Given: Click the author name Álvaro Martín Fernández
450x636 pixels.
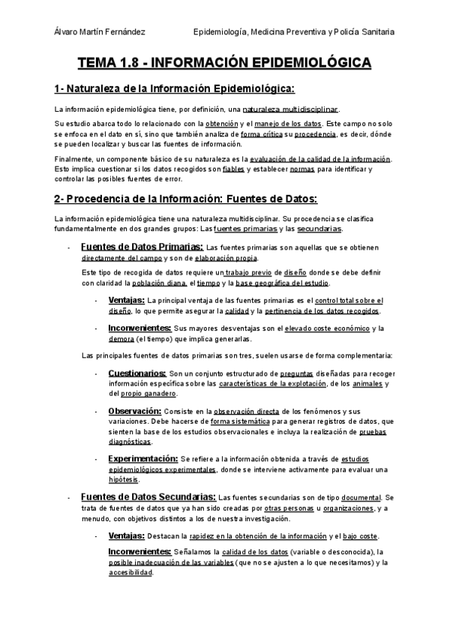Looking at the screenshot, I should pos(100,31).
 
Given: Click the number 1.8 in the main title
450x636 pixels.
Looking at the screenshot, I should pos(129,63).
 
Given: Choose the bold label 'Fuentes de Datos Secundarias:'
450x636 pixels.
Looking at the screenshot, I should pos(148,496).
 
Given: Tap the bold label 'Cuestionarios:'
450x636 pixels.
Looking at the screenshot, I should pos(137,373).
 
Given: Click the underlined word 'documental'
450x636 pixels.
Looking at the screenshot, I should pos(362,497).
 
